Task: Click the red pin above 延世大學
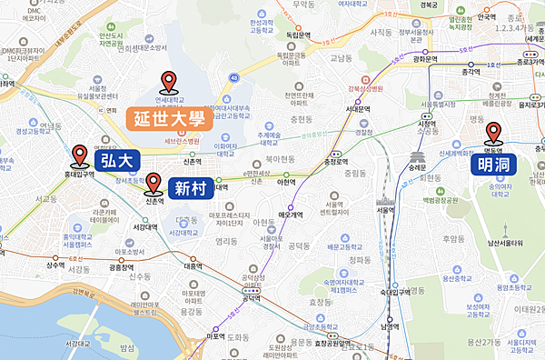coord(168,84)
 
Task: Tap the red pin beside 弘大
coord(80,155)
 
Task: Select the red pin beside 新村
coord(154,183)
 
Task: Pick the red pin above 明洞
coord(494,135)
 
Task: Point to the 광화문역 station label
coord(426,59)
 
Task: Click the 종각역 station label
coord(470,72)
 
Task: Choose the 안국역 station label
coord(487,16)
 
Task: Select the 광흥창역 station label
coord(128,268)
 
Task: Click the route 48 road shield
coord(234,78)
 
